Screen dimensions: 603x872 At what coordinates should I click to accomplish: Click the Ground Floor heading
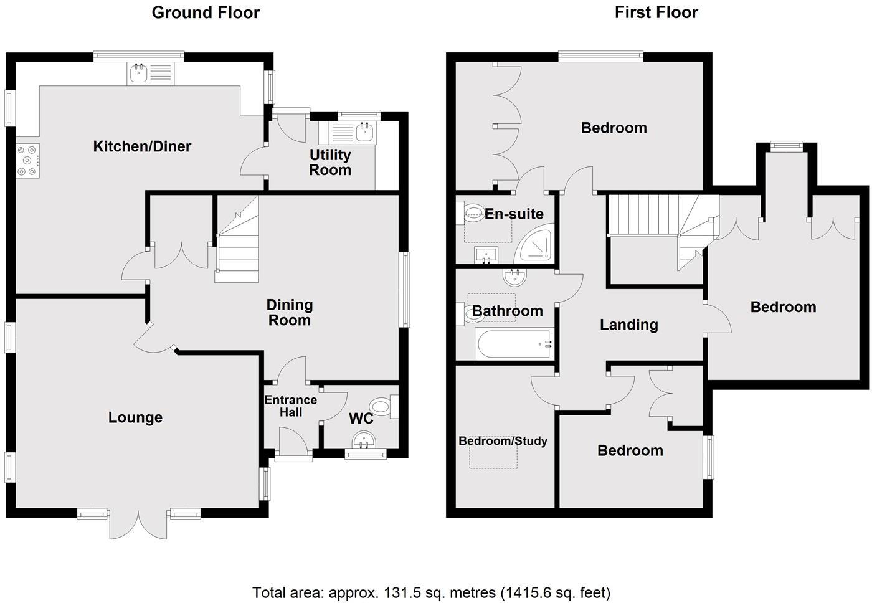(206, 12)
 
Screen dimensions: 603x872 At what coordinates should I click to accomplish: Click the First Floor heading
(656, 12)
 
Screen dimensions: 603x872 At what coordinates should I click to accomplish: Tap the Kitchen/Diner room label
(142, 146)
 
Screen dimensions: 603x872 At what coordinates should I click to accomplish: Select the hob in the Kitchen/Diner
(28, 159)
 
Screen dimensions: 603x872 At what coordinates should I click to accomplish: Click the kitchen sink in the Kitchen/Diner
(138, 74)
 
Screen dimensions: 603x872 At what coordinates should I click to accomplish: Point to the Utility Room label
(330, 163)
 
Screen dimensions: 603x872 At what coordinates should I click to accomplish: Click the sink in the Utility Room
(363, 132)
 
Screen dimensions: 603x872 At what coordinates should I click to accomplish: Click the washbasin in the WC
(363, 440)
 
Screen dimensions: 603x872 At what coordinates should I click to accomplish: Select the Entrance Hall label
(291, 406)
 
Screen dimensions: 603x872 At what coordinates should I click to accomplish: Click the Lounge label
(135, 417)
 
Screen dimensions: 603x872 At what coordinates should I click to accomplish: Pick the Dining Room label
(290, 313)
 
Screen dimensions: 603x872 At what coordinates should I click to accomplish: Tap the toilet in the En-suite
(473, 214)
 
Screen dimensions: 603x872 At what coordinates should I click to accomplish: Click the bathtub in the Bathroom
(514, 344)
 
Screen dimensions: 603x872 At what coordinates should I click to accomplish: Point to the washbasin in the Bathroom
(514, 276)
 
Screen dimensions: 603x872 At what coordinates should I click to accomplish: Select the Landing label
(628, 325)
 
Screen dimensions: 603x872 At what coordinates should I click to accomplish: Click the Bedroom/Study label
(503, 441)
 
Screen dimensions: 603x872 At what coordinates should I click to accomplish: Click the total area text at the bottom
(431, 592)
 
